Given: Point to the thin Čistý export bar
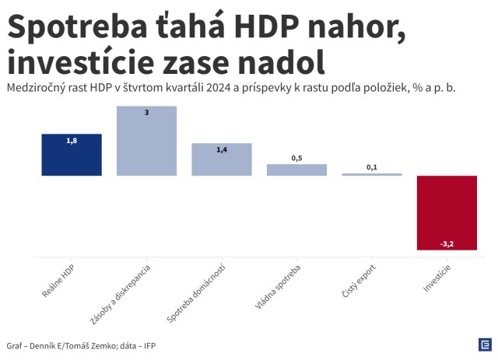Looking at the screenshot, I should (372, 174).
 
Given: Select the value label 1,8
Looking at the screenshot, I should (72, 142).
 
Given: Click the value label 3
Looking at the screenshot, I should (146, 114).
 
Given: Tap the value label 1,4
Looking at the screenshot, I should (222, 150).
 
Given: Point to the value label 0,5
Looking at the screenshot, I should (296, 158).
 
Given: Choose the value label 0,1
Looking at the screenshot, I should (372, 167).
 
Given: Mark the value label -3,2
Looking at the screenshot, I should (447, 243).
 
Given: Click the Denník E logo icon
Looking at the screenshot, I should (484, 345).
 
